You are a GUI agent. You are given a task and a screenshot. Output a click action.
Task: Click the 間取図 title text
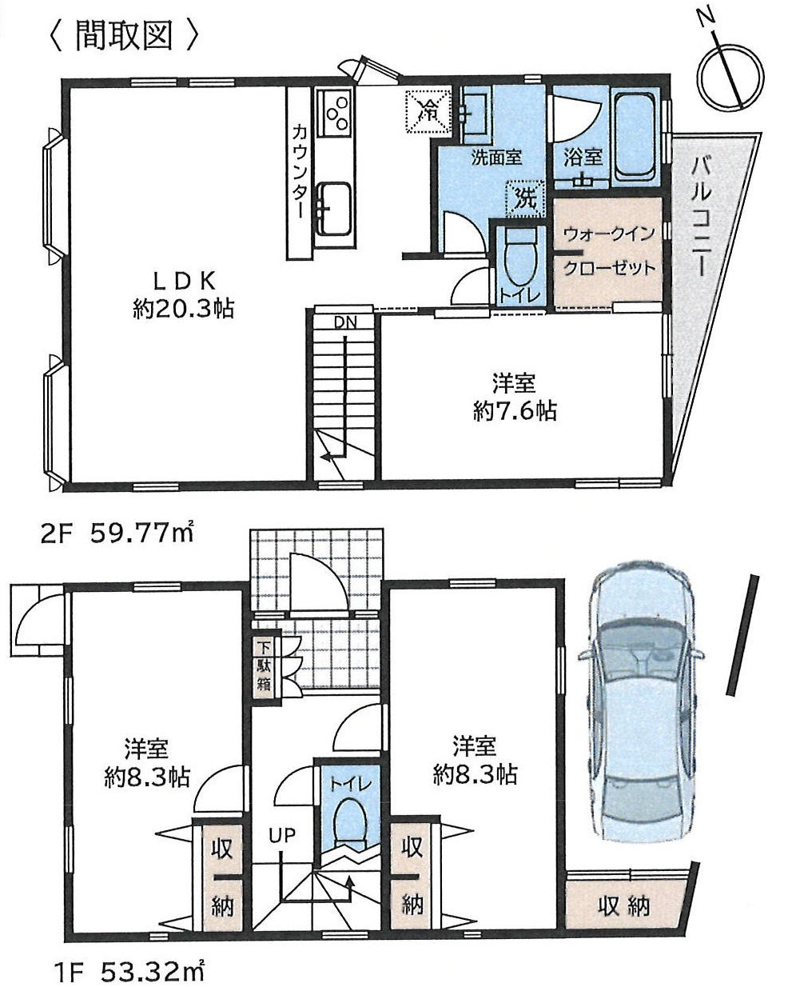(123, 35)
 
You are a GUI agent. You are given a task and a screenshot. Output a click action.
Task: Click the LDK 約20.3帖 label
(183, 294)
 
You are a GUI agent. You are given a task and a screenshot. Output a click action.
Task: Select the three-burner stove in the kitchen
(333, 112)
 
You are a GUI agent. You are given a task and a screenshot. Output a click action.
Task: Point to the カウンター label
(298, 171)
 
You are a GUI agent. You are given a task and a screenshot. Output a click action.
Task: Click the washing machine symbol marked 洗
(523, 198)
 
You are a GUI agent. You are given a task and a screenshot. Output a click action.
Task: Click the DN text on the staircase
(344, 323)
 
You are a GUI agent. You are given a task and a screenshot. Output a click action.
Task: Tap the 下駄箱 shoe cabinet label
(263, 663)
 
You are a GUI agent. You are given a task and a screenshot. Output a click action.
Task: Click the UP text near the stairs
(281, 836)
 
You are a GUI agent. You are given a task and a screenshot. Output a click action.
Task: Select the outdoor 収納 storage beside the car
(624, 905)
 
